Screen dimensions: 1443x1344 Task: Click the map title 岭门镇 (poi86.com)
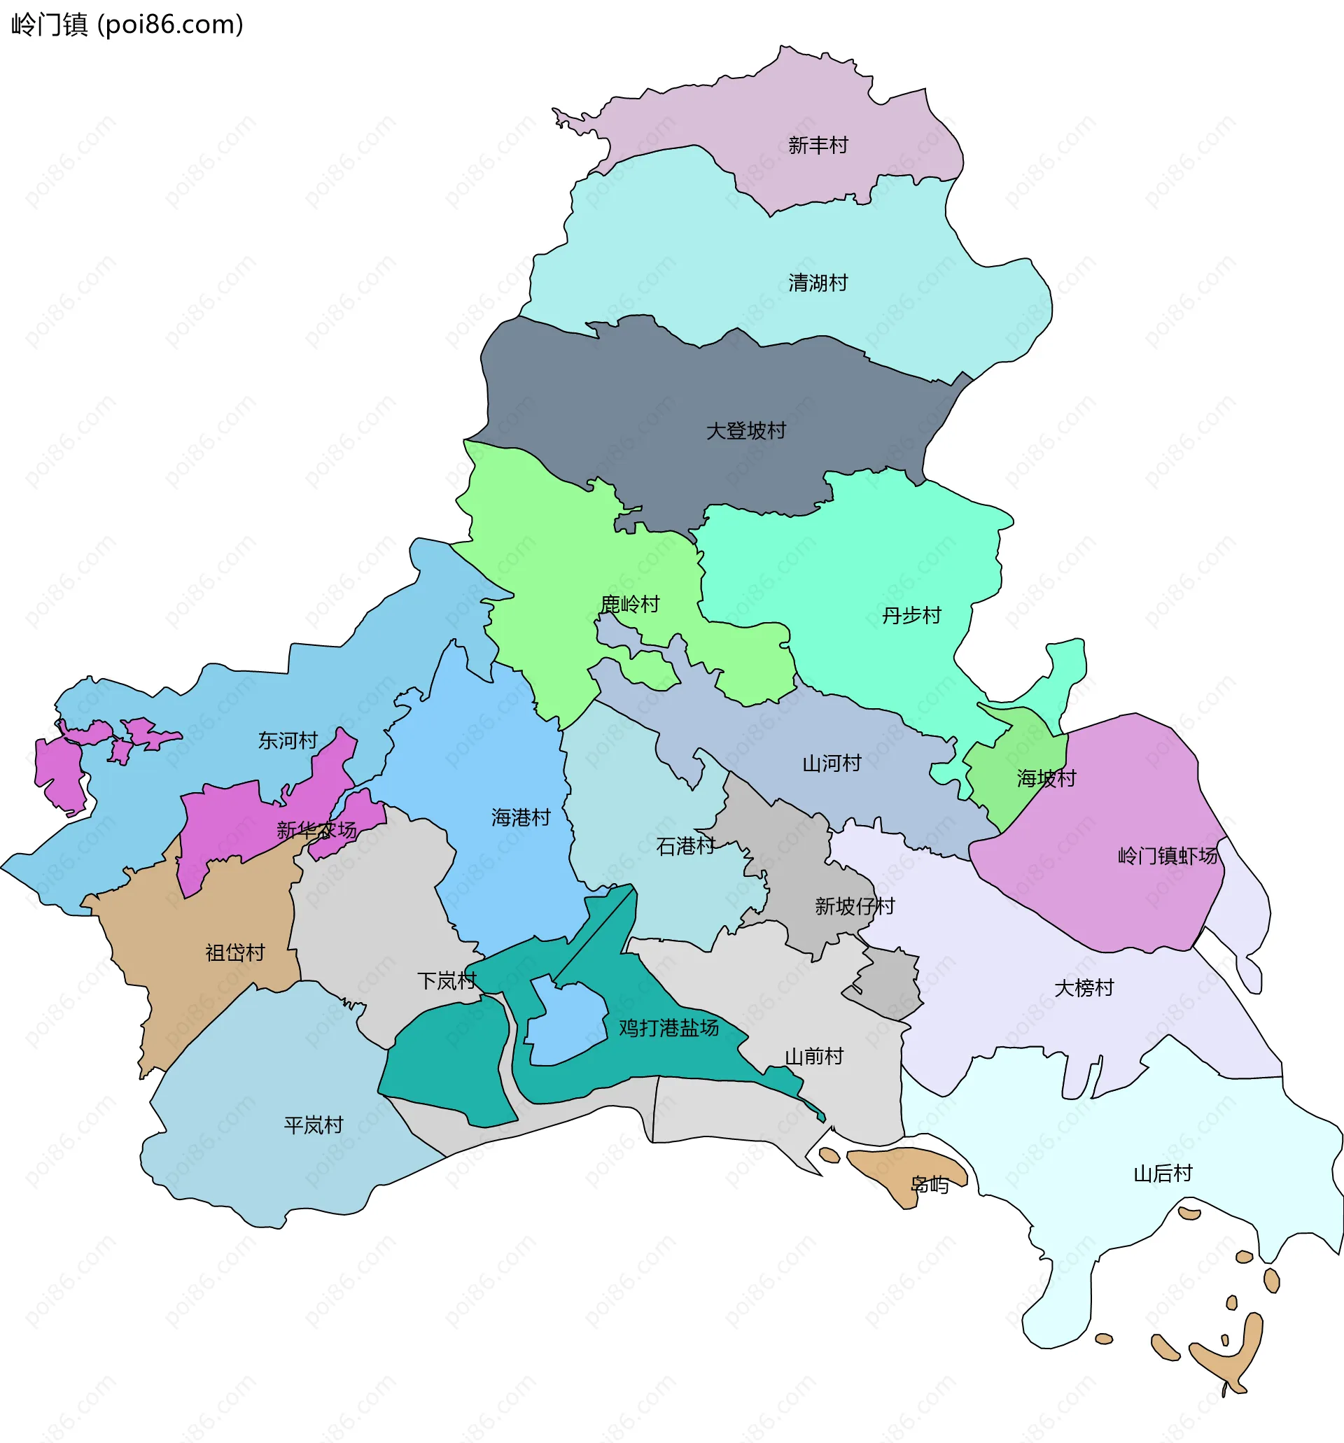[127, 24]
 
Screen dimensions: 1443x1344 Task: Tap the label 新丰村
[818, 145]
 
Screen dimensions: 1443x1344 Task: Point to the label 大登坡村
[745, 430]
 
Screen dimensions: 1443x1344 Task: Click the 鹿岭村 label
[629, 604]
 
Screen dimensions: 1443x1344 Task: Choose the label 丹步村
[911, 616]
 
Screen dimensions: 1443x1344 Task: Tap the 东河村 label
[288, 740]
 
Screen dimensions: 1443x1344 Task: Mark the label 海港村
[521, 817]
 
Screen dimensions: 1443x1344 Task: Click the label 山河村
[832, 763]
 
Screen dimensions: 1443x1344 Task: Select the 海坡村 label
[1046, 778]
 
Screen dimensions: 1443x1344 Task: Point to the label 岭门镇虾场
[1167, 856]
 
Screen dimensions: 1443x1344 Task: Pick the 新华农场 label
[316, 830]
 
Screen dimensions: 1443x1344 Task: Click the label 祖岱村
[234, 952]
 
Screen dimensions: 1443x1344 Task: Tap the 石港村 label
[685, 845]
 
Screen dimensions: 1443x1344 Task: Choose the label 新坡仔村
[855, 906]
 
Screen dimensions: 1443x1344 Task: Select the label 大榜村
[1084, 987]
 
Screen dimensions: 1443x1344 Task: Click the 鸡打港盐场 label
[668, 1027]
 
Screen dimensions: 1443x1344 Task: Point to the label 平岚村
[313, 1125]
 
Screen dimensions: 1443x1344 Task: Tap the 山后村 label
[1163, 1173]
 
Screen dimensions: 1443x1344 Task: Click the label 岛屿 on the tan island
[930, 1185]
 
